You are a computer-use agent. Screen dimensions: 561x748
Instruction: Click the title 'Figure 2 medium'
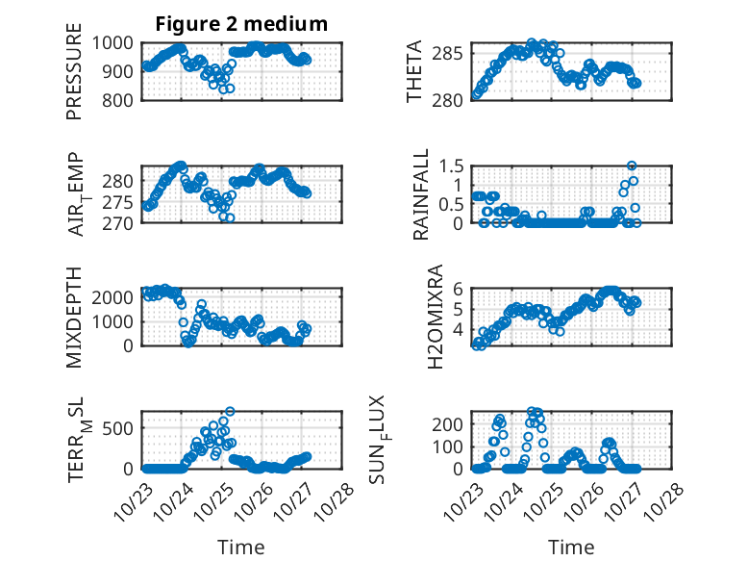click(241, 24)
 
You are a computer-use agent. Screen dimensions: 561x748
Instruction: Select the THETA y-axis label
click(414, 71)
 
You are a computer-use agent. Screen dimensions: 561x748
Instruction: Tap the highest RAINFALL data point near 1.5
click(632, 166)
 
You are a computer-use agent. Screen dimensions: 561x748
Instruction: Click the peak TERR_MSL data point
click(229, 411)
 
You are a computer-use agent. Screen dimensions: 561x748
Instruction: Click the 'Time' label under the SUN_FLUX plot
click(571, 547)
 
